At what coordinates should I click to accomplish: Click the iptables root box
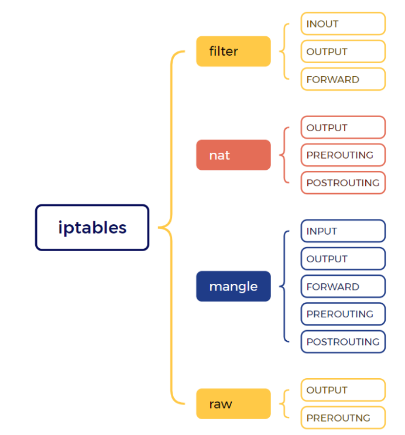(92, 228)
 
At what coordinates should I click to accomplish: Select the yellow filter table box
(234, 52)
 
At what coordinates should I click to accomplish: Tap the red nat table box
(234, 155)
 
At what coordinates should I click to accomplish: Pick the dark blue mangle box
(234, 286)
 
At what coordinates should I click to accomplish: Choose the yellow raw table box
(234, 403)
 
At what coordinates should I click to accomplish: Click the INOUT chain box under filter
(343, 23)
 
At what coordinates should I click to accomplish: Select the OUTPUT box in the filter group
(343, 52)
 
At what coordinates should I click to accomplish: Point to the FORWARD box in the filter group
(343, 79)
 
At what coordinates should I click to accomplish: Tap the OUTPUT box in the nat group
(343, 127)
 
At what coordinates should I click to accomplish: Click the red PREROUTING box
(343, 155)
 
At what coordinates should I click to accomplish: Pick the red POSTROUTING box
(343, 183)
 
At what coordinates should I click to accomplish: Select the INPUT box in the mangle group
(343, 231)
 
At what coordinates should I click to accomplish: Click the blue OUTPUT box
(343, 259)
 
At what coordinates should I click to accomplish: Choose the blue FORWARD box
(343, 286)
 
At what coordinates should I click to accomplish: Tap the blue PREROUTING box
(343, 314)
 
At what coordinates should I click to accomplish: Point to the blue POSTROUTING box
(343, 341)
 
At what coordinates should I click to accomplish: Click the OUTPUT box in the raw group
(343, 390)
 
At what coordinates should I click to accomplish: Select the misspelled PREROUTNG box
(343, 417)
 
